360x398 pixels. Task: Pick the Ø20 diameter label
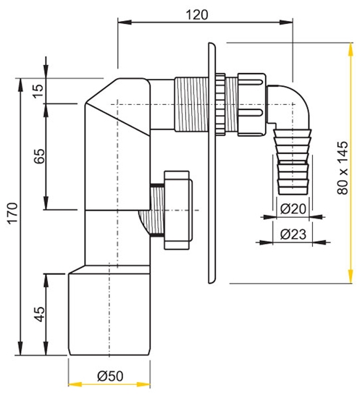[x=293, y=210]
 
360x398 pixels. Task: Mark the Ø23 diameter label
[x=293, y=234]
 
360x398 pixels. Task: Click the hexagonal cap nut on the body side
[x=177, y=210]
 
